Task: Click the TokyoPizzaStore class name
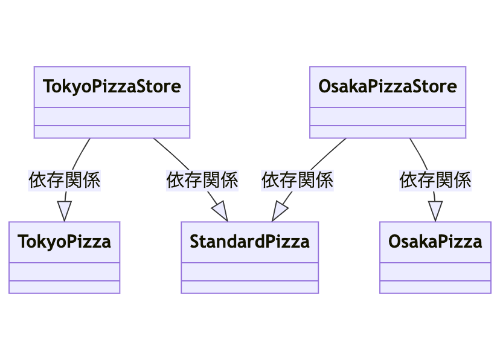pyautogui.click(x=112, y=86)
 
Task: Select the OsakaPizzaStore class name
pyautogui.click(x=387, y=86)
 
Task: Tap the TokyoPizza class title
pyautogui.click(x=65, y=242)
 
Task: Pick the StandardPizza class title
pyautogui.click(x=249, y=242)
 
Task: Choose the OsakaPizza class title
pyautogui.click(x=435, y=242)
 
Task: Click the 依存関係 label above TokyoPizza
pyautogui.click(x=64, y=180)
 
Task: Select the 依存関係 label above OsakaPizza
pyautogui.click(x=435, y=180)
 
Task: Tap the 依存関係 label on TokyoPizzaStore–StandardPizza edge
pyautogui.click(x=202, y=180)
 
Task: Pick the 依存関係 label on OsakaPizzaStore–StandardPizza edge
pyautogui.click(x=297, y=180)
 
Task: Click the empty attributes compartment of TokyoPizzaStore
pyautogui.click(x=112, y=116)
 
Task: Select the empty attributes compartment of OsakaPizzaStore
pyautogui.click(x=387, y=116)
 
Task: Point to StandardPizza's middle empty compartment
pyautogui.click(x=249, y=272)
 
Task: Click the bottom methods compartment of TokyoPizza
pyautogui.click(x=65, y=287)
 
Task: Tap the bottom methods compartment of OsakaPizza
pyautogui.click(x=435, y=287)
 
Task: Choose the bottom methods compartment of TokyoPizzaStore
pyautogui.click(x=112, y=132)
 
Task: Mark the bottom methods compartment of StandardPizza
pyautogui.click(x=249, y=287)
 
